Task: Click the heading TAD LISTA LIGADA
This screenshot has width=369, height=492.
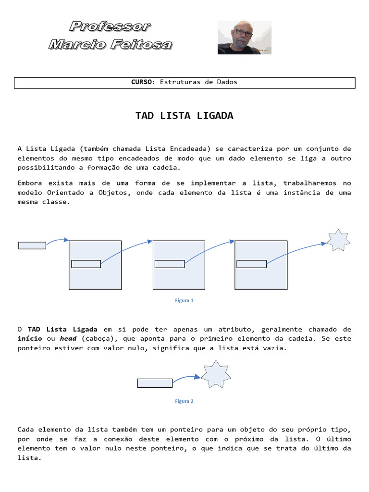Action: point(184,116)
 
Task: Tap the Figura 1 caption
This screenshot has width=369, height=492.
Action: point(184,301)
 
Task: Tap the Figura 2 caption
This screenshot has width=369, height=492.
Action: point(184,401)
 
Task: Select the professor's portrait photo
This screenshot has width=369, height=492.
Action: point(244,37)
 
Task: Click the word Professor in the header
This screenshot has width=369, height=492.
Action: point(110,26)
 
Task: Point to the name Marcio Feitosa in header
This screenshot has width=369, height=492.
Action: point(110,45)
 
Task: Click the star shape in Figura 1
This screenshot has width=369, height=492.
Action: point(338,240)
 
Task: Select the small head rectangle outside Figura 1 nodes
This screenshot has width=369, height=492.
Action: point(32,246)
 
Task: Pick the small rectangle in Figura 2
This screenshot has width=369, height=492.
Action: point(155,383)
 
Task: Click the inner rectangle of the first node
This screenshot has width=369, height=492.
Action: point(86,264)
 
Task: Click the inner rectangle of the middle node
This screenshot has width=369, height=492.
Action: point(170,264)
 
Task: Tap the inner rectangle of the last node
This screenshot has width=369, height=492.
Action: point(252,264)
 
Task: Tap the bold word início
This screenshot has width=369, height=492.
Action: point(30,339)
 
